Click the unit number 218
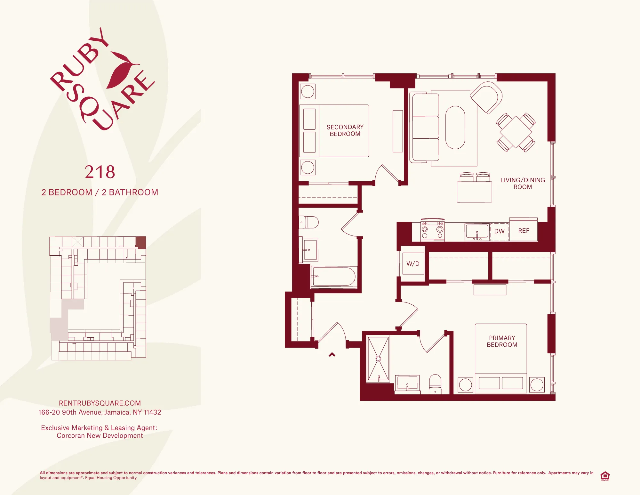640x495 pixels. pyautogui.click(x=100, y=172)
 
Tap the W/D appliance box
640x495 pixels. pyautogui.click(x=413, y=264)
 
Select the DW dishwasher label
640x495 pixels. pyautogui.click(x=499, y=231)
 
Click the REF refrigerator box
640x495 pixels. pyautogui.click(x=524, y=231)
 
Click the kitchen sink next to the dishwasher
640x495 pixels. pyautogui.click(x=477, y=232)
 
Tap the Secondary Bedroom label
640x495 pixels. pyautogui.click(x=345, y=130)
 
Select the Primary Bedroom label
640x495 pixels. pyautogui.click(x=502, y=341)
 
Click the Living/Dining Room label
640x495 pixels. pyautogui.click(x=523, y=184)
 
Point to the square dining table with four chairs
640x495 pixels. pyautogui.click(x=516, y=132)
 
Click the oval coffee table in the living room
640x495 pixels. pyautogui.click(x=455, y=128)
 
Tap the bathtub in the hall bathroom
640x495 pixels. pyautogui.click(x=334, y=276)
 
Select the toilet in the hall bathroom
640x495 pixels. pyautogui.click(x=309, y=222)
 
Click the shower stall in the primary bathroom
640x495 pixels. pyautogui.click(x=378, y=359)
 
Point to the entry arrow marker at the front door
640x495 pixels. pyautogui.click(x=332, y=355)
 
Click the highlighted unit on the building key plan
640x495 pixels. pyautogui.click(x=141, y=243)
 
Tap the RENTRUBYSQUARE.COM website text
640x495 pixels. pyautogui.click(x=100, y=403)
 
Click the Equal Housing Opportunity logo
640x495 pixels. pyautogui.click(x=605, y=476)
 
